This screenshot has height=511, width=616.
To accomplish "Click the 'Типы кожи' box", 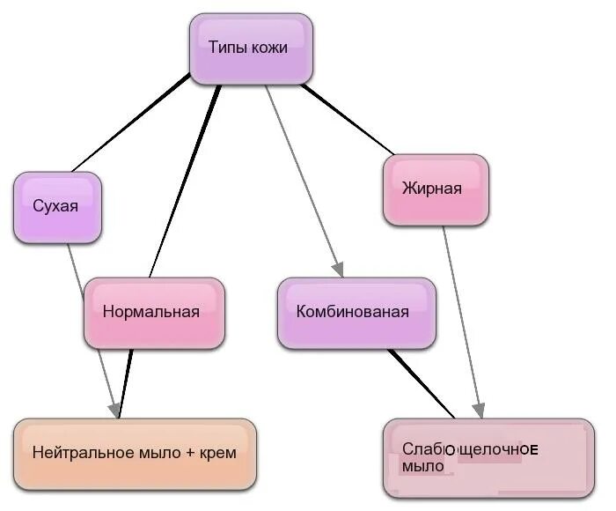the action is pos(252,48).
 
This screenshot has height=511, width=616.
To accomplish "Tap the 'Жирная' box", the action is pos(436,189).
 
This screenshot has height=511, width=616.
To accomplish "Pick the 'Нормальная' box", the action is pos(154,312).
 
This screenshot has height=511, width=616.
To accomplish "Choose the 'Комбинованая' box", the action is pos(356,312).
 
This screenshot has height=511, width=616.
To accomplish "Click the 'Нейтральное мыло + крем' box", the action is pos(135,454).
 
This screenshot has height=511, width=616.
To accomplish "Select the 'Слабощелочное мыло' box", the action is pos(488,457).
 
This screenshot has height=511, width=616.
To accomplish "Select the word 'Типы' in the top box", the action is pos(226,48).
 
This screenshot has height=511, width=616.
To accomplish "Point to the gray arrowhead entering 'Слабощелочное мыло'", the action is pos(478,411).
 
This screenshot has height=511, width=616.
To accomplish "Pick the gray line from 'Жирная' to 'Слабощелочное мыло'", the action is pos(461,317).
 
